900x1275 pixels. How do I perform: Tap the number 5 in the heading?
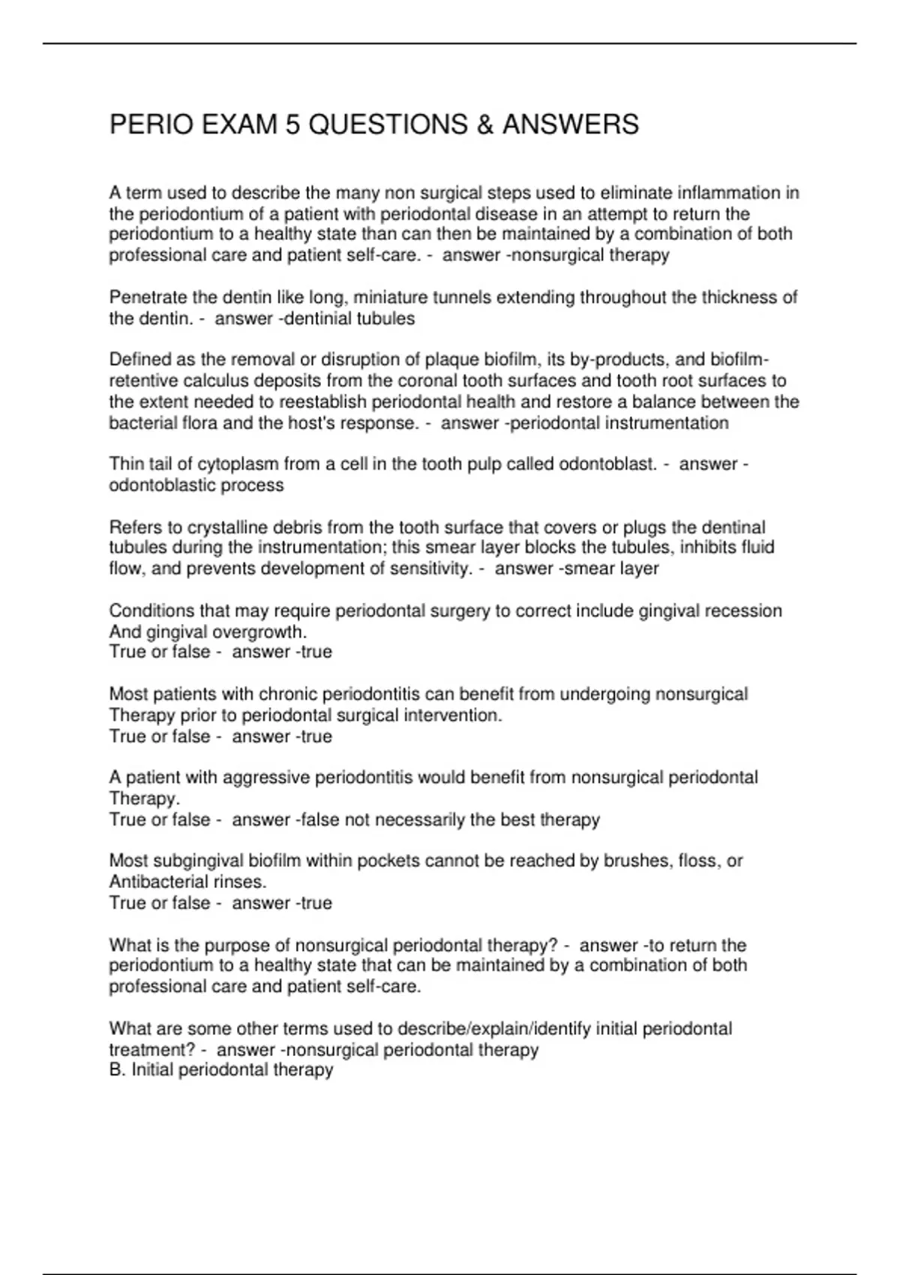pyautogui.click(x=292, y=124)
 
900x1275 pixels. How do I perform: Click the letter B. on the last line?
pyautogui.click(x=117, y=1070)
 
